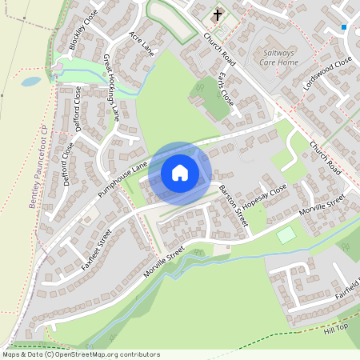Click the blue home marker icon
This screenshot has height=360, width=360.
coord(180,172)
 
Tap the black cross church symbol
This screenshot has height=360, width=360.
coord(217,15)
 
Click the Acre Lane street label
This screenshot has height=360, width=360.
coord(141,46)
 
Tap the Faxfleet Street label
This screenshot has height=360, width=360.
coord(96,249)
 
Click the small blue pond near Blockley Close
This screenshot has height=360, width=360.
coord(30,81)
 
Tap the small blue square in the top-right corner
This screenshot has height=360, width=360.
coord(344,27)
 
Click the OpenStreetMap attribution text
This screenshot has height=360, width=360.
coord(80,354)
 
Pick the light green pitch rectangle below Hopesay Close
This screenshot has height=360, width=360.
coord(286,234)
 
